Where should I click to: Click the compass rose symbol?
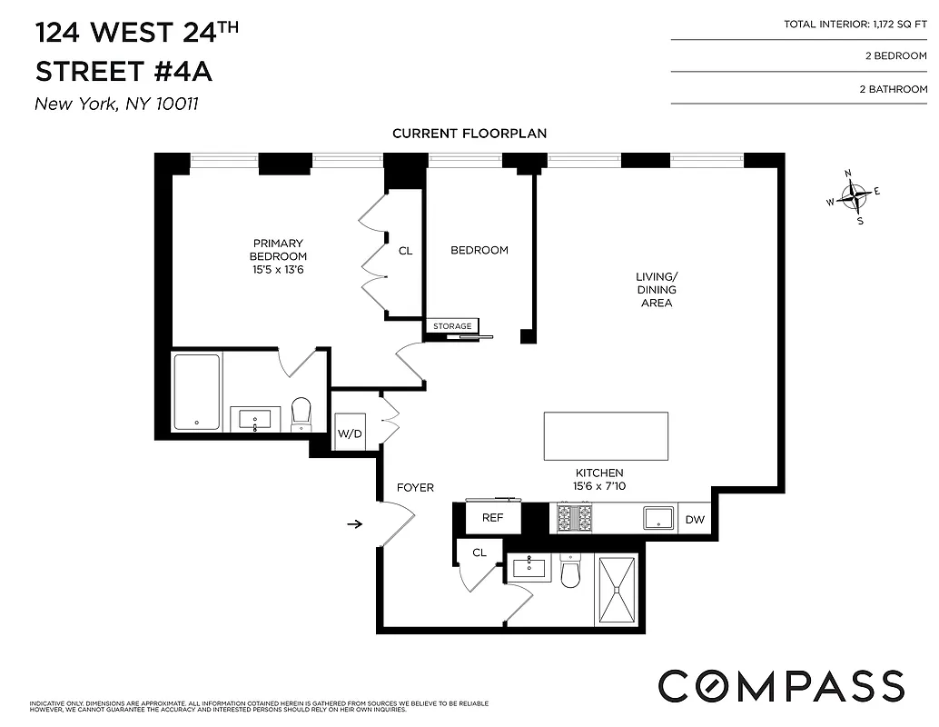(x=854, y=195)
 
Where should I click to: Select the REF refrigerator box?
(x=492, y=518)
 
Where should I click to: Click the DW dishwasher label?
(x=695, y=520)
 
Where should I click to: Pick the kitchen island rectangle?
(x=606, y=436)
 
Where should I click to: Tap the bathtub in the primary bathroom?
(x=197, y=392)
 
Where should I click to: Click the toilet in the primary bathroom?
(x=301, y=414)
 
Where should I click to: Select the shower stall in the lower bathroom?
(x=618, y=590)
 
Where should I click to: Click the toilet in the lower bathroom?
(x=570, y=573)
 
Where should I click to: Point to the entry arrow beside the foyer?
(x=355, y=523)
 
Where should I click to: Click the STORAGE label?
(x=451, y=326)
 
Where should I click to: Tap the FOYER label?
(x=415, y=488)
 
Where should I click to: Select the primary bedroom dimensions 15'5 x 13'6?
(x=278, y=269)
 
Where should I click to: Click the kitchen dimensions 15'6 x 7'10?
(x=598, y=486)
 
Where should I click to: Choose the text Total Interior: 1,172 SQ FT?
(x=855, y=25)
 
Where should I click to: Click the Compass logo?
(x=780, y=684)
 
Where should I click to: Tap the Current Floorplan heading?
(x=469, y=134)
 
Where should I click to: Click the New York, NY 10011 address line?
(x=116, y=104)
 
